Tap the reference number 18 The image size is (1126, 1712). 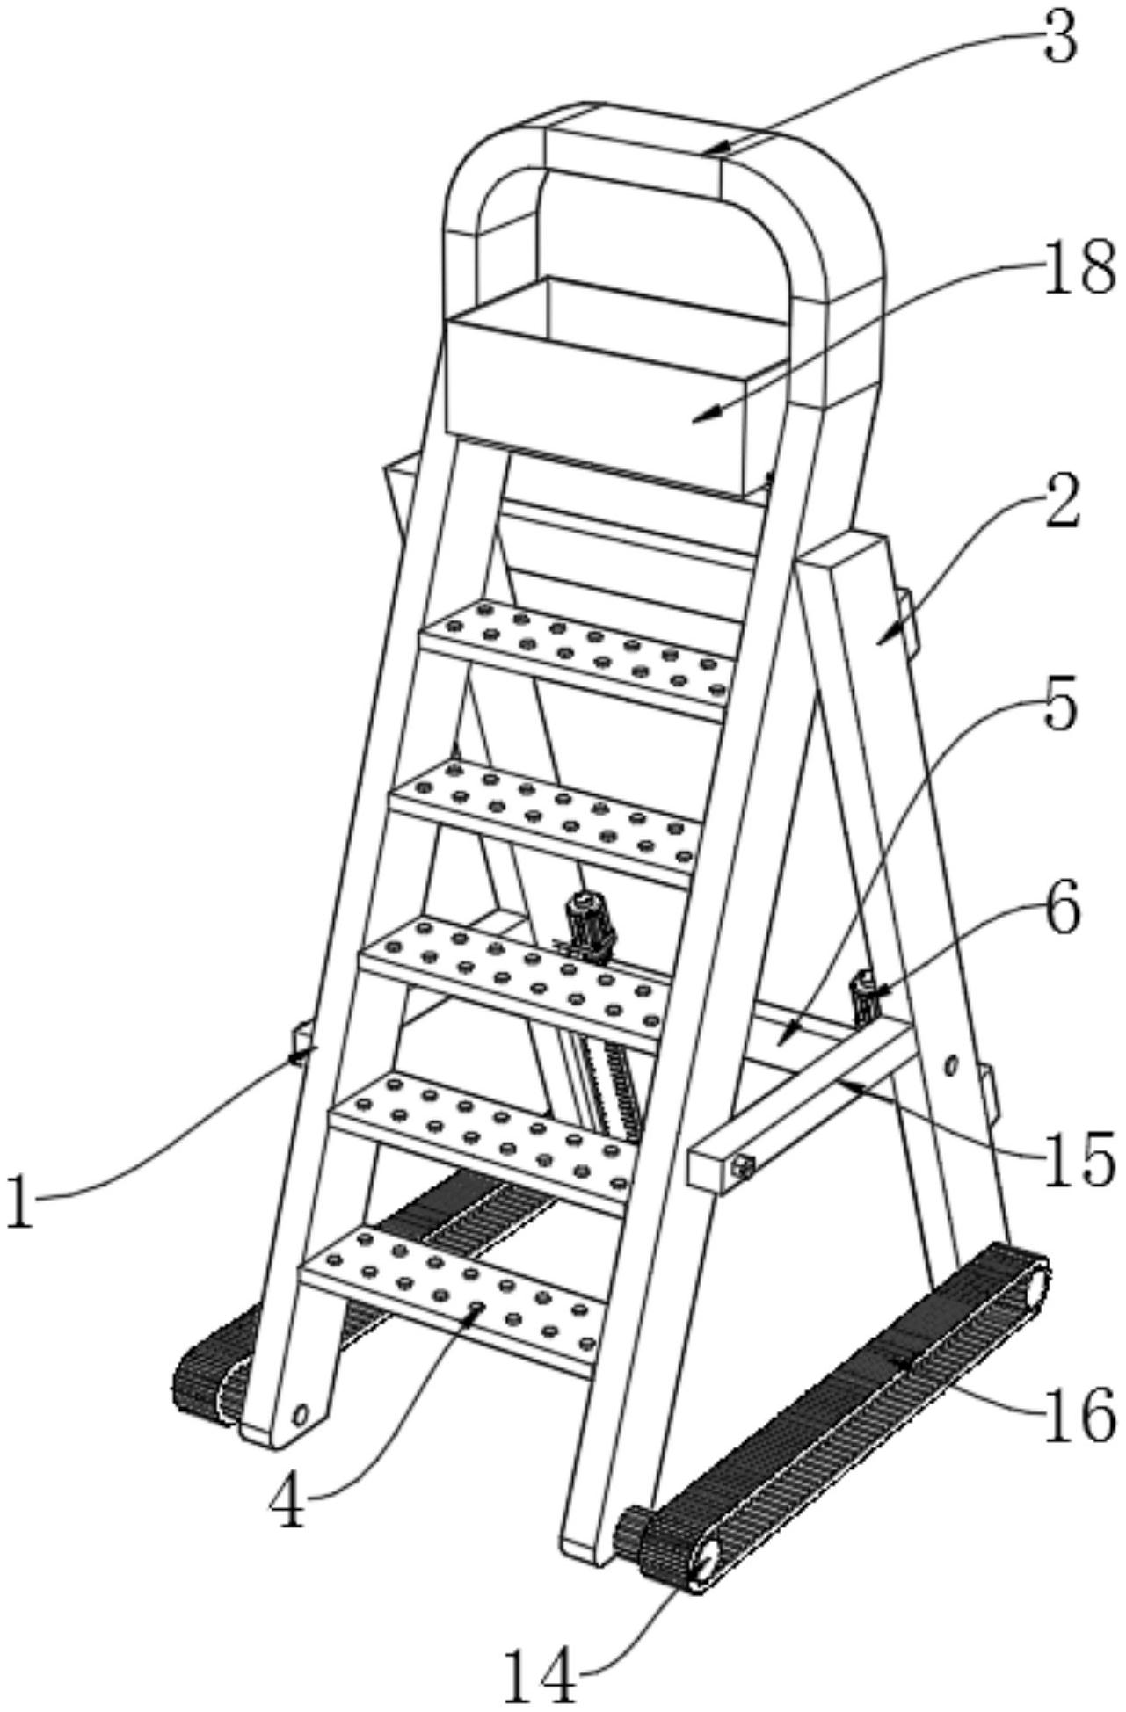1079,268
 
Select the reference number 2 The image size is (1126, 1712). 1061,499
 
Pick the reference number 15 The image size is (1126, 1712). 1079,1157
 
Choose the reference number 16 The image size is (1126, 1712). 1079,1413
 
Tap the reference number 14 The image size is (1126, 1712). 541,1675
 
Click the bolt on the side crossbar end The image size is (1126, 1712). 744,1167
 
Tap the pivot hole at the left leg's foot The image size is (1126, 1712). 301,1414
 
